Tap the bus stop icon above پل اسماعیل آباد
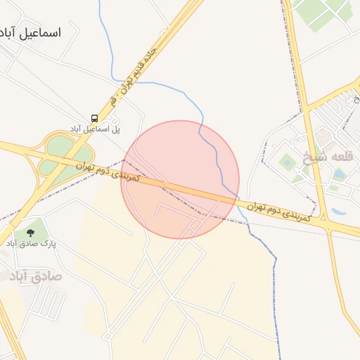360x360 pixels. click(x=94, y=118)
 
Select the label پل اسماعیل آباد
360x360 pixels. click(x=95, y=129)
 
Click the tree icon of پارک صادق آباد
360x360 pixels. click(x=30, y=231)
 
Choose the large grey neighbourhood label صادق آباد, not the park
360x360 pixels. click(x=35, y=276)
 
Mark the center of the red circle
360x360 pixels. click(x=180, y=179)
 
